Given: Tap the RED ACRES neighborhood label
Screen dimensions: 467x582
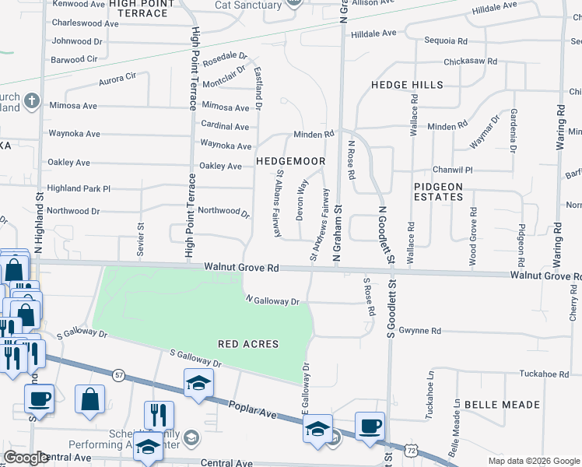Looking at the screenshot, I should [x=248, y=343].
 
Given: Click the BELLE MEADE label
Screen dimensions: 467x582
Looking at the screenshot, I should [x=502, y=405].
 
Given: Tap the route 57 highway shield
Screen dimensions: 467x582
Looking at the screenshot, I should [x=117, y=375].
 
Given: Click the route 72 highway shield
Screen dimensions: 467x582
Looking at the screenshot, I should [x=411, y=451].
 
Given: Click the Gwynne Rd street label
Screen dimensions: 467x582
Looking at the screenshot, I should [x=419, y=331].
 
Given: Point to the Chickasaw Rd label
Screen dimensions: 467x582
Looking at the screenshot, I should [x=469, y=61].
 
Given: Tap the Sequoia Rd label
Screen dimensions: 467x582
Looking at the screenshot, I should [x=446, y=40].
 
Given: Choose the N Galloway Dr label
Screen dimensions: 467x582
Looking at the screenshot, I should [x=272, y=300].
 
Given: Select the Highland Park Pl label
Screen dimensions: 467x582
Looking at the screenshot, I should [x=79, y=188].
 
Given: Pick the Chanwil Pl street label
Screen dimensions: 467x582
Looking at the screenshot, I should [x=453, y=169].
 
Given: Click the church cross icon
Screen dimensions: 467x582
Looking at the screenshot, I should [x=31, y=100].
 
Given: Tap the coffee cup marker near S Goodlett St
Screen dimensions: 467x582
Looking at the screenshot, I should [x=370, y=427].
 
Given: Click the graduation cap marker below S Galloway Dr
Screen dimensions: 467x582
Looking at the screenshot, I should [x=198, y=382].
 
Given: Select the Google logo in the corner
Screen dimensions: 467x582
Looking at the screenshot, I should [x=26, y=458].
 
